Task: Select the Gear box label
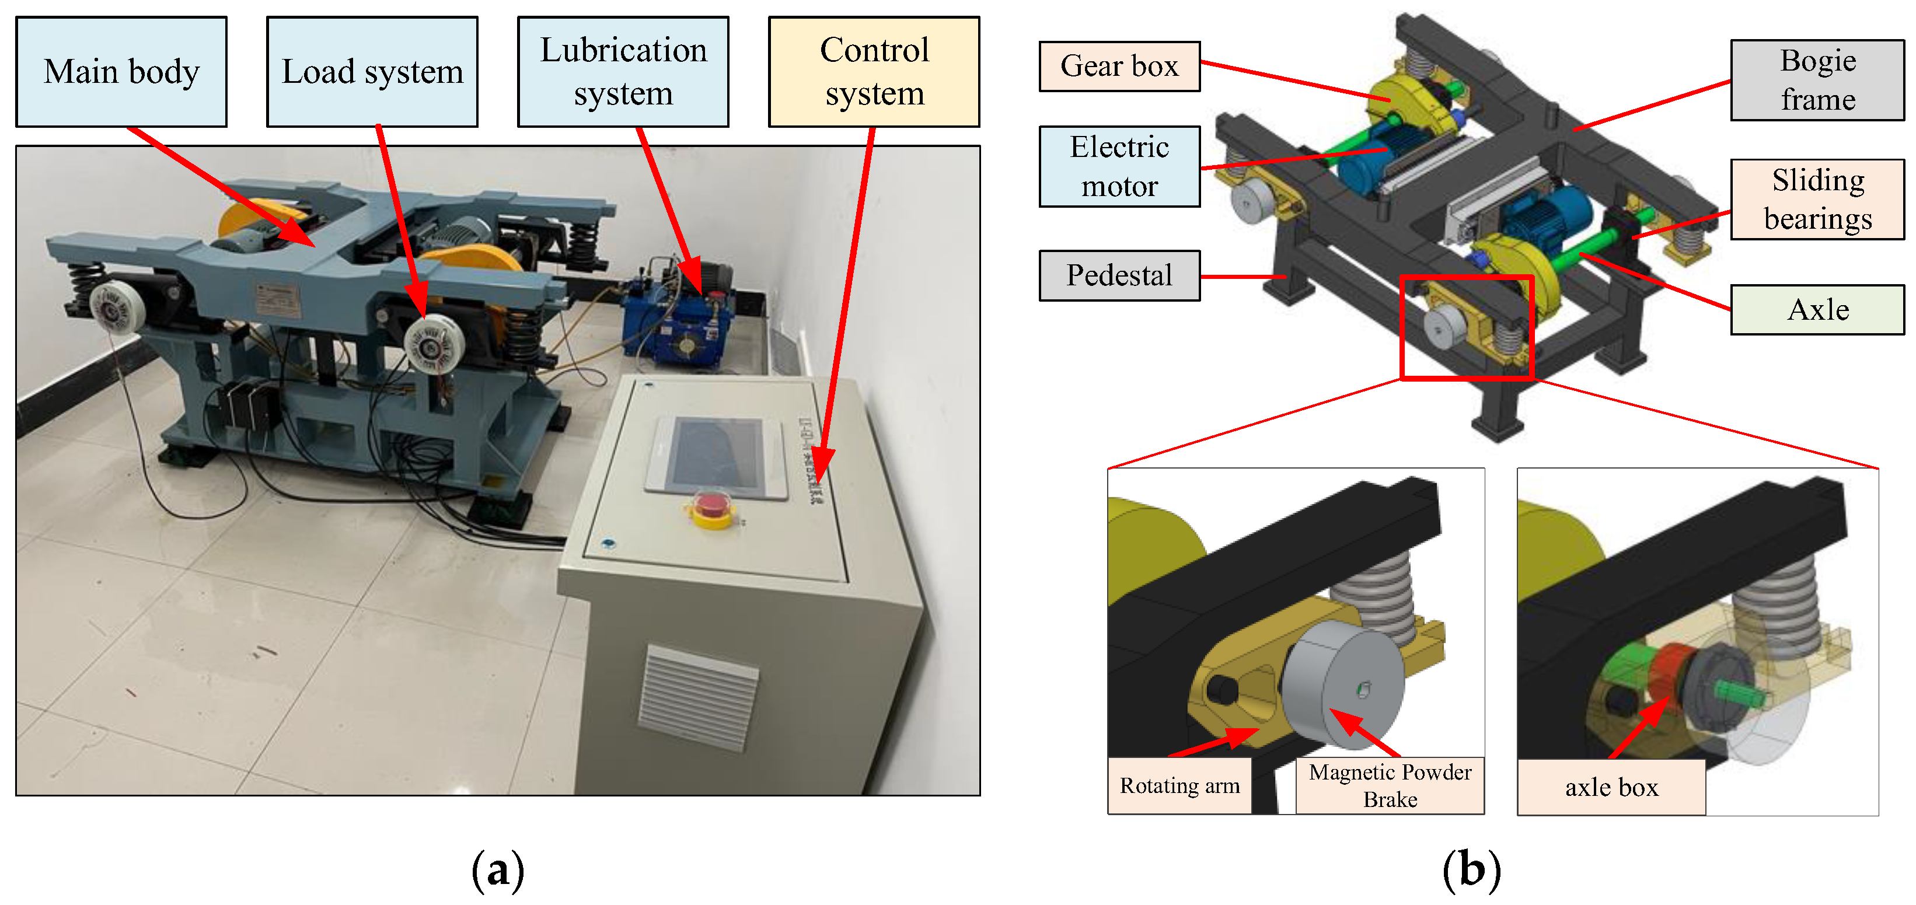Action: pyautogui.click(x=1119, y=66)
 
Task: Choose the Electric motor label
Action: pyautogui.click(x=1119, y=166)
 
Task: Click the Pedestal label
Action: pyautogui.click(x=1119, y=275)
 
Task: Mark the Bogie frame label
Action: pyautogui.click(x=1817, y=79)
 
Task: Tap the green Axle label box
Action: pyautogui.click(x=1817, y=309)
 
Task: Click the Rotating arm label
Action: pyautogui.click(x=1179, y=785)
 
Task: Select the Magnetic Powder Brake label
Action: pyautogui.click(x=1390, y=785)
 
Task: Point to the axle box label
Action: pyautogui.click(x=1611, y=787)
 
